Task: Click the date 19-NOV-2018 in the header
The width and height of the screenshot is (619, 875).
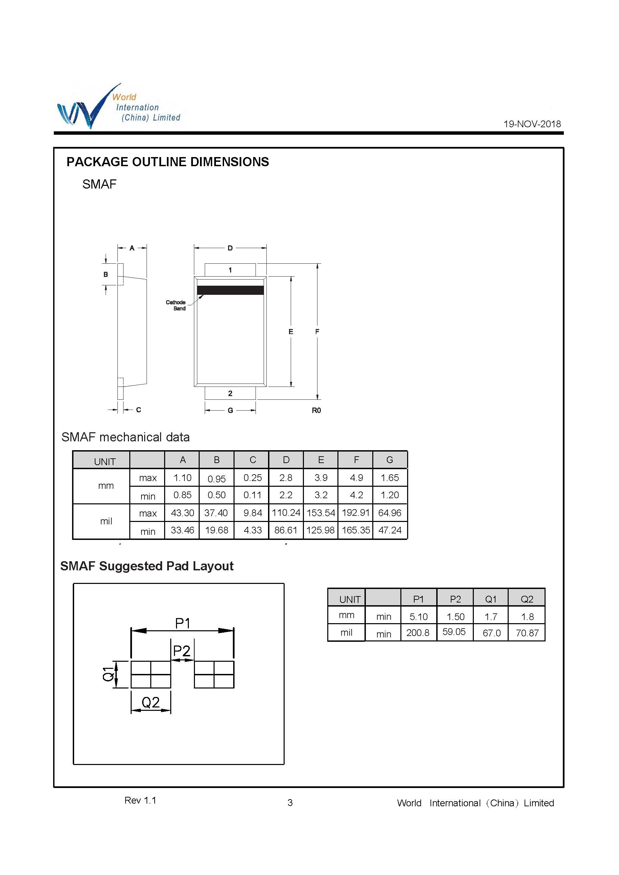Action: coord(532,124)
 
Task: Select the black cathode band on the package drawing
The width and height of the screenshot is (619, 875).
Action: coord(230,290)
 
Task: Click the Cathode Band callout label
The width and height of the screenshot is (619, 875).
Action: coord(176,305)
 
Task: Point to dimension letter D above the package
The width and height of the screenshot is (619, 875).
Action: coord(230,248)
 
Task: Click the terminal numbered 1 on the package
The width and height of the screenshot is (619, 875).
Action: coord(230,270)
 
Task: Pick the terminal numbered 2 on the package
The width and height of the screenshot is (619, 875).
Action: coord(230,393)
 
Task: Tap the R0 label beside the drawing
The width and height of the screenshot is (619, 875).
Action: coord(316,410)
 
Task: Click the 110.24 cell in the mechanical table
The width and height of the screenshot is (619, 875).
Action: coord(286,513)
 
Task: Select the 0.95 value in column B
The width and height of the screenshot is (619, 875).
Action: coord(217,479)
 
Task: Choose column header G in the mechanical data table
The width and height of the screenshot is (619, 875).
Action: coord(390,460)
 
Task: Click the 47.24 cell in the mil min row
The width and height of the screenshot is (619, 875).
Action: coord(390,530)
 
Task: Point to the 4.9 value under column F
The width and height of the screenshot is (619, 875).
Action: coord(356,478)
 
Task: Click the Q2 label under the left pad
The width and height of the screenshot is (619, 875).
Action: coord(151,702)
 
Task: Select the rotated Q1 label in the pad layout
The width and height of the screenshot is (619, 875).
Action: coord(108,674)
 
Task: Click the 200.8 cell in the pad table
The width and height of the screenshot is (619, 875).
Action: coord(418,633)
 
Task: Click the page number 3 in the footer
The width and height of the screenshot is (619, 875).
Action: coord(290,803)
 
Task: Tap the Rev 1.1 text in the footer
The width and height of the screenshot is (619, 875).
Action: coord(140,800)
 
